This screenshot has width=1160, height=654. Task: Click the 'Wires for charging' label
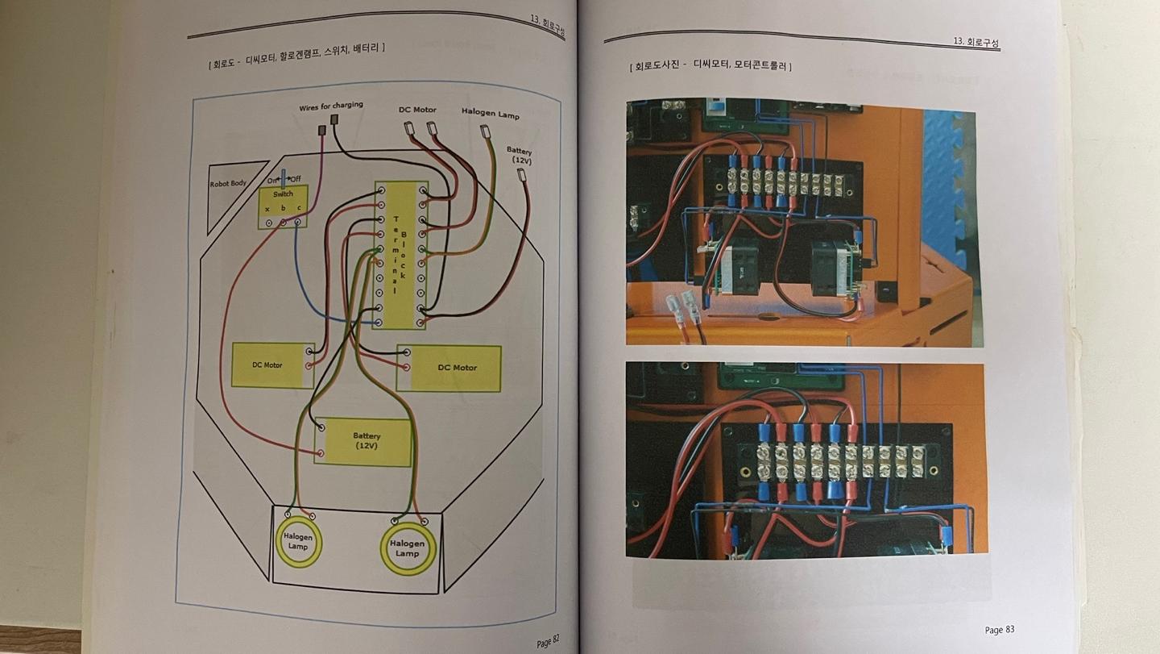(331, 106)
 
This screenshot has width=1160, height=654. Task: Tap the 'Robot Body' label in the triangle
(227, 184)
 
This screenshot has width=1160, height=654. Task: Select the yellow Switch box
(283, 206)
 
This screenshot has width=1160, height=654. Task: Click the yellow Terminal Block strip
(400, 254)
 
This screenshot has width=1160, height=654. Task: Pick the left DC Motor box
(271, 365)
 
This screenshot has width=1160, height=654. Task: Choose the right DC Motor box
(449, 368)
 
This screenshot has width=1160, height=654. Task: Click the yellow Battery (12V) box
(363, 442)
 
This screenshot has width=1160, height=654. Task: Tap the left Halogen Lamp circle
(298, 542)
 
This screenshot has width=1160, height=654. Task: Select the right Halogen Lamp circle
(408, 548)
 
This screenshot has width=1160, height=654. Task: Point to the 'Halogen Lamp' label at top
(491, 113)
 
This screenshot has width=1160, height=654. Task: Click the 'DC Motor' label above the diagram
(417, 110)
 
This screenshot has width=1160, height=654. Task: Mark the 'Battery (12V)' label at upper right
(520, 155)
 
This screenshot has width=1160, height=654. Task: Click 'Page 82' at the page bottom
(548, 642)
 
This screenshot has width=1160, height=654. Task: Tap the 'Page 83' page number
(999, 630)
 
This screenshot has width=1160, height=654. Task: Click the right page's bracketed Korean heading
(710, 66)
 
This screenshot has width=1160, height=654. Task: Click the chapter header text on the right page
(976, 41)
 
